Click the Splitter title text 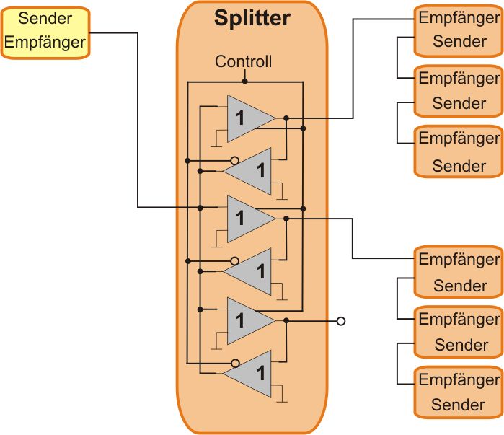[x=252, y=17]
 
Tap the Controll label [x=244, y=62]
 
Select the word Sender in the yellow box [x=45, y=18]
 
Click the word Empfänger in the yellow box [x=45, y=42]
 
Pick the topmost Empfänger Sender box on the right [x=459, y=30]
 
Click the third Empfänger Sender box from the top [x=459, y=151]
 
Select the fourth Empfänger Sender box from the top [x=459, y=271]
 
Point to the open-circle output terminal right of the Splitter [x=341, y=321]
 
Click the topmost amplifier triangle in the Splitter [x=247, y=116]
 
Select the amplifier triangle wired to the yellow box [x=247, y=216]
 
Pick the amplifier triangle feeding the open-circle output [x=247, y=319]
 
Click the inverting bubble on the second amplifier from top [x=234, y=159]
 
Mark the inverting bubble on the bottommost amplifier [x=234, y=362]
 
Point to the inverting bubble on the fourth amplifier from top [x=234, y=260]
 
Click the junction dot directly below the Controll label [x=245, y=82]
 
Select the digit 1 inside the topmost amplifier [x=240, y=118]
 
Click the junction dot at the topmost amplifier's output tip [x=286, y=117]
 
